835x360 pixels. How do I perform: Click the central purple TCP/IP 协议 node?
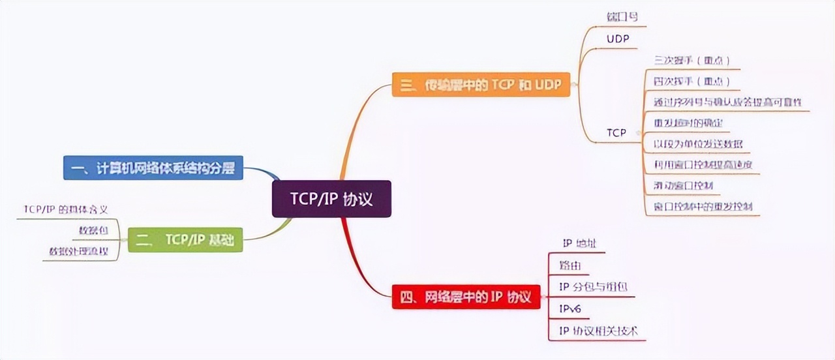click(x=331, y=198)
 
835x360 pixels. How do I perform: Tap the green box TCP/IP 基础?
click(x=185, y=241)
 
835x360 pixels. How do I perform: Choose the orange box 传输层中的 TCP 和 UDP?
click(x=481, y=85)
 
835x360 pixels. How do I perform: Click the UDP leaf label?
click(x=618, y=39)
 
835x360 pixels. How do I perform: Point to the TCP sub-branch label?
click(x=616, y=132)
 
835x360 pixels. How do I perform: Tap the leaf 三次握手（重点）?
click(x=691, y=61)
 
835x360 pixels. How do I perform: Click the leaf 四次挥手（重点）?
click(x=691, y=82)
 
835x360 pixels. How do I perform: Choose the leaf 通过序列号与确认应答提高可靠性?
click(x=727, y=102)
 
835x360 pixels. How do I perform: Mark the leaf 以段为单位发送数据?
click(x=698, y=143)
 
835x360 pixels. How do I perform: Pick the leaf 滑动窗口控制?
click(x=683, y=186)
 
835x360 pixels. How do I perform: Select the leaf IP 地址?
click(x=579, y=244)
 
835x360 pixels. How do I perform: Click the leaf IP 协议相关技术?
click(x=598, y=331)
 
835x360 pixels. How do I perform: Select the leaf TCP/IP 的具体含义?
click(x=65, y=209)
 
